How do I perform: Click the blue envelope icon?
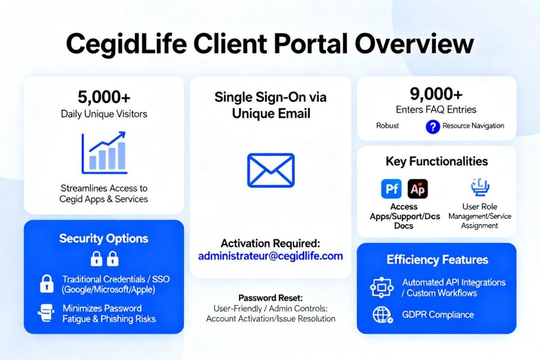tap(271, 170)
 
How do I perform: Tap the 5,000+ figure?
tap(104, 97)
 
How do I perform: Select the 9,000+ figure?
tap(436, 94)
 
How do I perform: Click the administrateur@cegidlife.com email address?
tap(271, 256)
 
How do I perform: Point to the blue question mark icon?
tap(432, 127)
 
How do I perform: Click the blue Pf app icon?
tap(391, 189)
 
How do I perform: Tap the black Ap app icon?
tap(418, 189)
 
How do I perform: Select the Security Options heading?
tap(104, 239)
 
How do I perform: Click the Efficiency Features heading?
tap(437, 259)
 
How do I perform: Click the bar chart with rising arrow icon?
tap(104, 153)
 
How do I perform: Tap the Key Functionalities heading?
tap(437, 161)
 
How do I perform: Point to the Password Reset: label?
tap(271, 298)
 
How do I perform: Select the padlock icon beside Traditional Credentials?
tap(47, 284)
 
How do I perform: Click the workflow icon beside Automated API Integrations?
tap(382, 287)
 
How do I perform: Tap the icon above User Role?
tap(480, 187)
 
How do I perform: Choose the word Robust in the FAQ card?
tap(388, 125)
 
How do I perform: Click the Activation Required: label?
tap(271, 244)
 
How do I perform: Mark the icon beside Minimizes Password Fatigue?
tap(46, 313)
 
